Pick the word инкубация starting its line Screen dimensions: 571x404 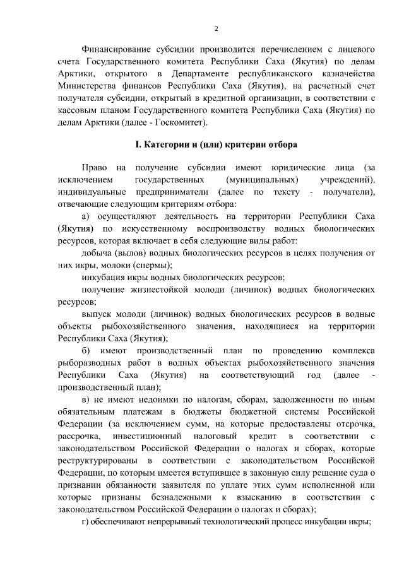pos(104,278)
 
